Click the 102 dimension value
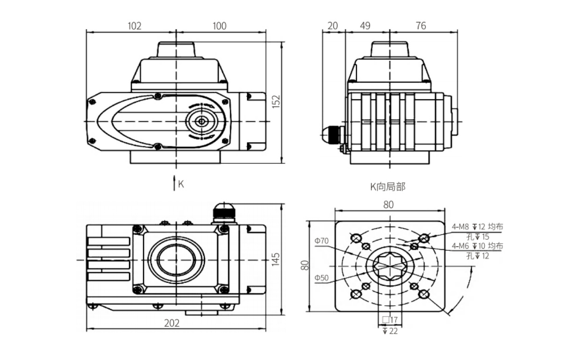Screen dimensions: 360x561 tap(134, 26)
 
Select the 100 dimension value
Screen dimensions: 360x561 tap(219, 26)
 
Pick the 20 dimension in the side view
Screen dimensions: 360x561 tap(333, 26)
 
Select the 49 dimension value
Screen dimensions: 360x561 tap(365, 26)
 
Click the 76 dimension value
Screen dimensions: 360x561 tap(421, 26)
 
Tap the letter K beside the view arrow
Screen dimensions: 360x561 tap(181, 184)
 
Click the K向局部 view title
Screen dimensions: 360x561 tap(388, 187)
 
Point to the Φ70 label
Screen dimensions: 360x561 tap(322, 241)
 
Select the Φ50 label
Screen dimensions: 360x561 tap(322, 278)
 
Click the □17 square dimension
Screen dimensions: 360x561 tap(389, 320)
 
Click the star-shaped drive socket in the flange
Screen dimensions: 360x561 tap(389, 266)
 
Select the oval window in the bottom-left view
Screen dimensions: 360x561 tap(176, 259)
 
